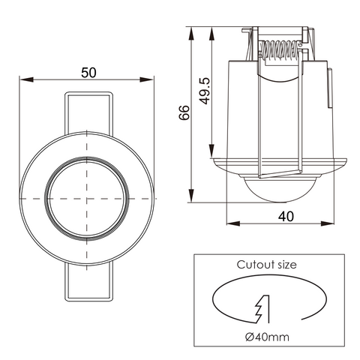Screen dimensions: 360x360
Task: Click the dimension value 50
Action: click(88, 72)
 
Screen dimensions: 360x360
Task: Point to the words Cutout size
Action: click(266, 265)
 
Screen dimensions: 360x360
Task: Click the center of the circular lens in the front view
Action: click(88, 197)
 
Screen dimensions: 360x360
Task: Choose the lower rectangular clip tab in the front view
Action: click(88, 285)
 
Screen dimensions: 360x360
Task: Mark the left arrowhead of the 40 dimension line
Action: click(229, 223)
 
